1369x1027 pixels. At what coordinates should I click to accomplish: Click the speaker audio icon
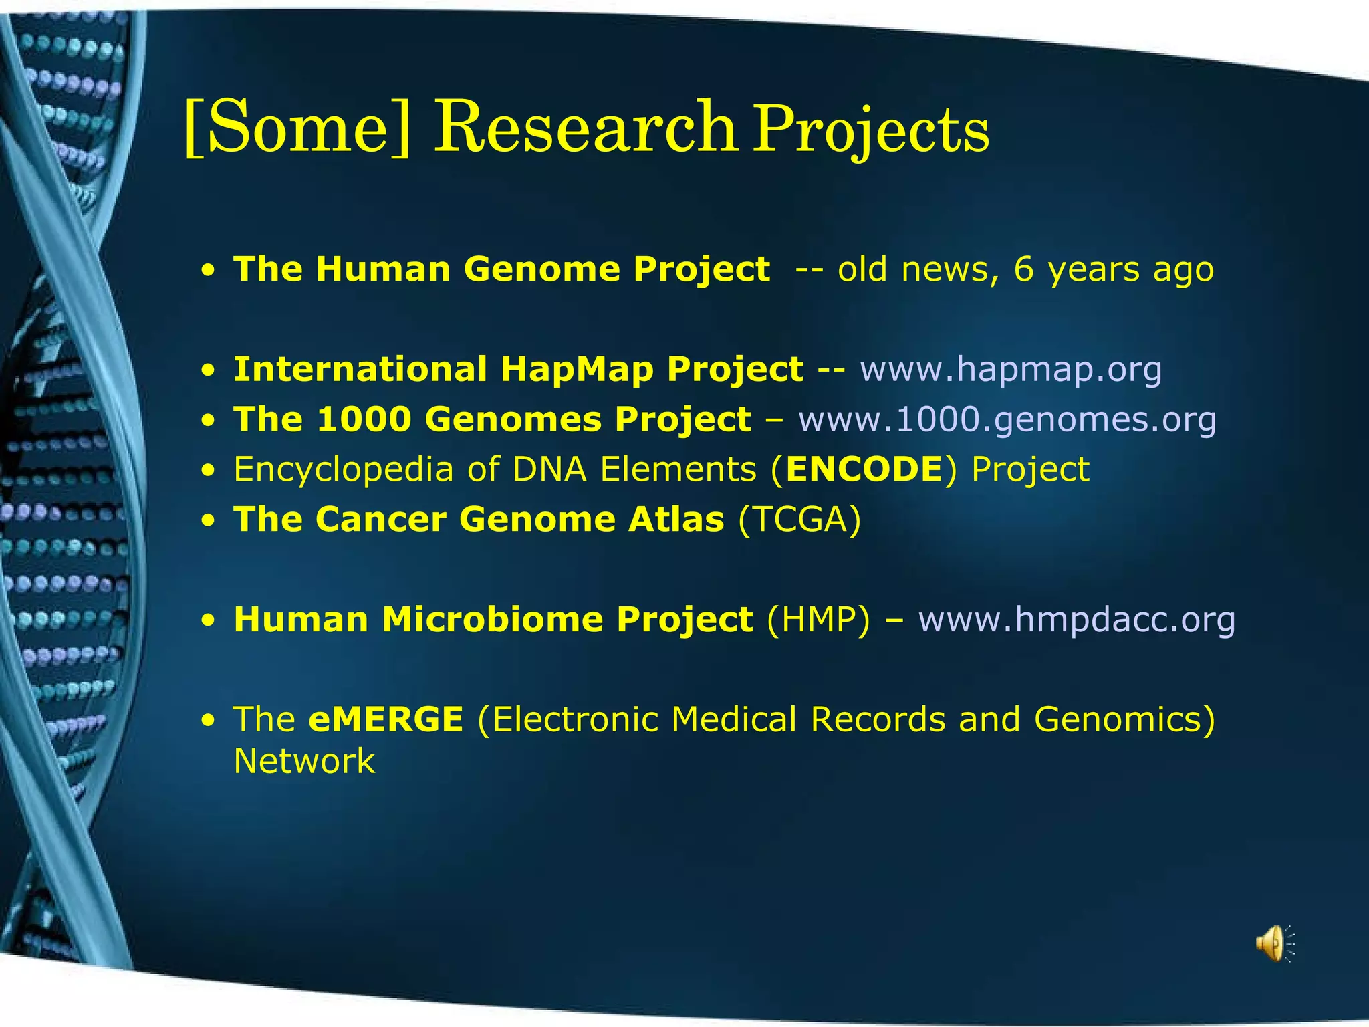point(1274,943)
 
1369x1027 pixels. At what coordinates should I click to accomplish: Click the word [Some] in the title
point(296,127)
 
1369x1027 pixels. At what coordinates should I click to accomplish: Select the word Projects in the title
point(871,131)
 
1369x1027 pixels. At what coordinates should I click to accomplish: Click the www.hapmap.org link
point(1011,369)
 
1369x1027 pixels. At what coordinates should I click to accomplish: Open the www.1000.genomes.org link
point(1007,419)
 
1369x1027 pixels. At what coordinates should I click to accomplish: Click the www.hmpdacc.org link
point(1076,619)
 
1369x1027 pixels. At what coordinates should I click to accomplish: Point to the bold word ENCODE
point(864,469)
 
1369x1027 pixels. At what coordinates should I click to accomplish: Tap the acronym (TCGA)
point(799,520)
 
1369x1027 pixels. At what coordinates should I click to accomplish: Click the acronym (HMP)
point(819,619)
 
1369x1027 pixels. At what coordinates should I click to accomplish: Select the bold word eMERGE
point(386,719)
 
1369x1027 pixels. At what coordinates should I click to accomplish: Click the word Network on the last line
point(304,762)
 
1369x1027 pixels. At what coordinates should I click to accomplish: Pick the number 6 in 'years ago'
point(1023,269)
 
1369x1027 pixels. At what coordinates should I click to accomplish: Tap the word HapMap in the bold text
point(576,369)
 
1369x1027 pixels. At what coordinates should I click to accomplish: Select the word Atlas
point(675,520)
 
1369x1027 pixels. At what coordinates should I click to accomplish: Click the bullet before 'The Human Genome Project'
point(210,271)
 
